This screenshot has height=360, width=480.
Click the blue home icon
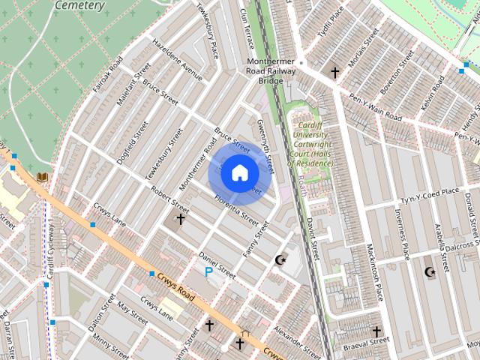tap(238, 172)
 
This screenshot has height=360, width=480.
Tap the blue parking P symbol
tap(208, 271)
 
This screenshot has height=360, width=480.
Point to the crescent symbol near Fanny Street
tap(281, 259)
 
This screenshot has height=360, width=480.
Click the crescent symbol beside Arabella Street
tap(430, 271)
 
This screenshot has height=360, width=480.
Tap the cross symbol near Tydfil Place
tap(334, 73)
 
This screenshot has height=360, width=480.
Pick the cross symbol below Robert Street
tap(180, 219)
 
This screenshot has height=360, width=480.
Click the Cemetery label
tap(79, 5)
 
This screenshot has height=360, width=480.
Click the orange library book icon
tap(42, 177)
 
